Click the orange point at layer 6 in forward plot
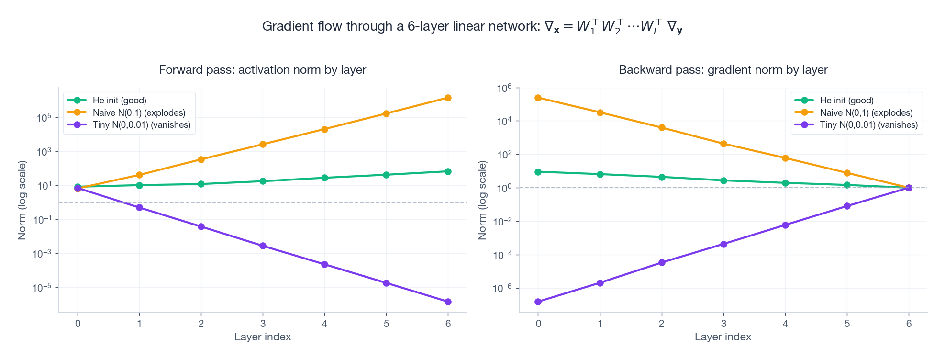point(448,98)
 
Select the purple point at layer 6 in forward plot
point(448,302)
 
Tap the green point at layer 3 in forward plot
point(263,181)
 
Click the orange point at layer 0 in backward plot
point(538,98)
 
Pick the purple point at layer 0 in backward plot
point(538,302)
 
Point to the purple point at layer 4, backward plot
point(785,225)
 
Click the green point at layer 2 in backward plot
point(662,177)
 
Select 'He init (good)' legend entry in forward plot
point(119,101)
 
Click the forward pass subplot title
point(262,70)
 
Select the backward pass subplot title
point(723,70)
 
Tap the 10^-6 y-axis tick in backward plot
point(502,288)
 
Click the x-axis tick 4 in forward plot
point(324,324)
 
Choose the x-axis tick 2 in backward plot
point(662,324)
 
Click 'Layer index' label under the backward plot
point(723,337)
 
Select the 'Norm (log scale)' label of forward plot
point(22,200)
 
